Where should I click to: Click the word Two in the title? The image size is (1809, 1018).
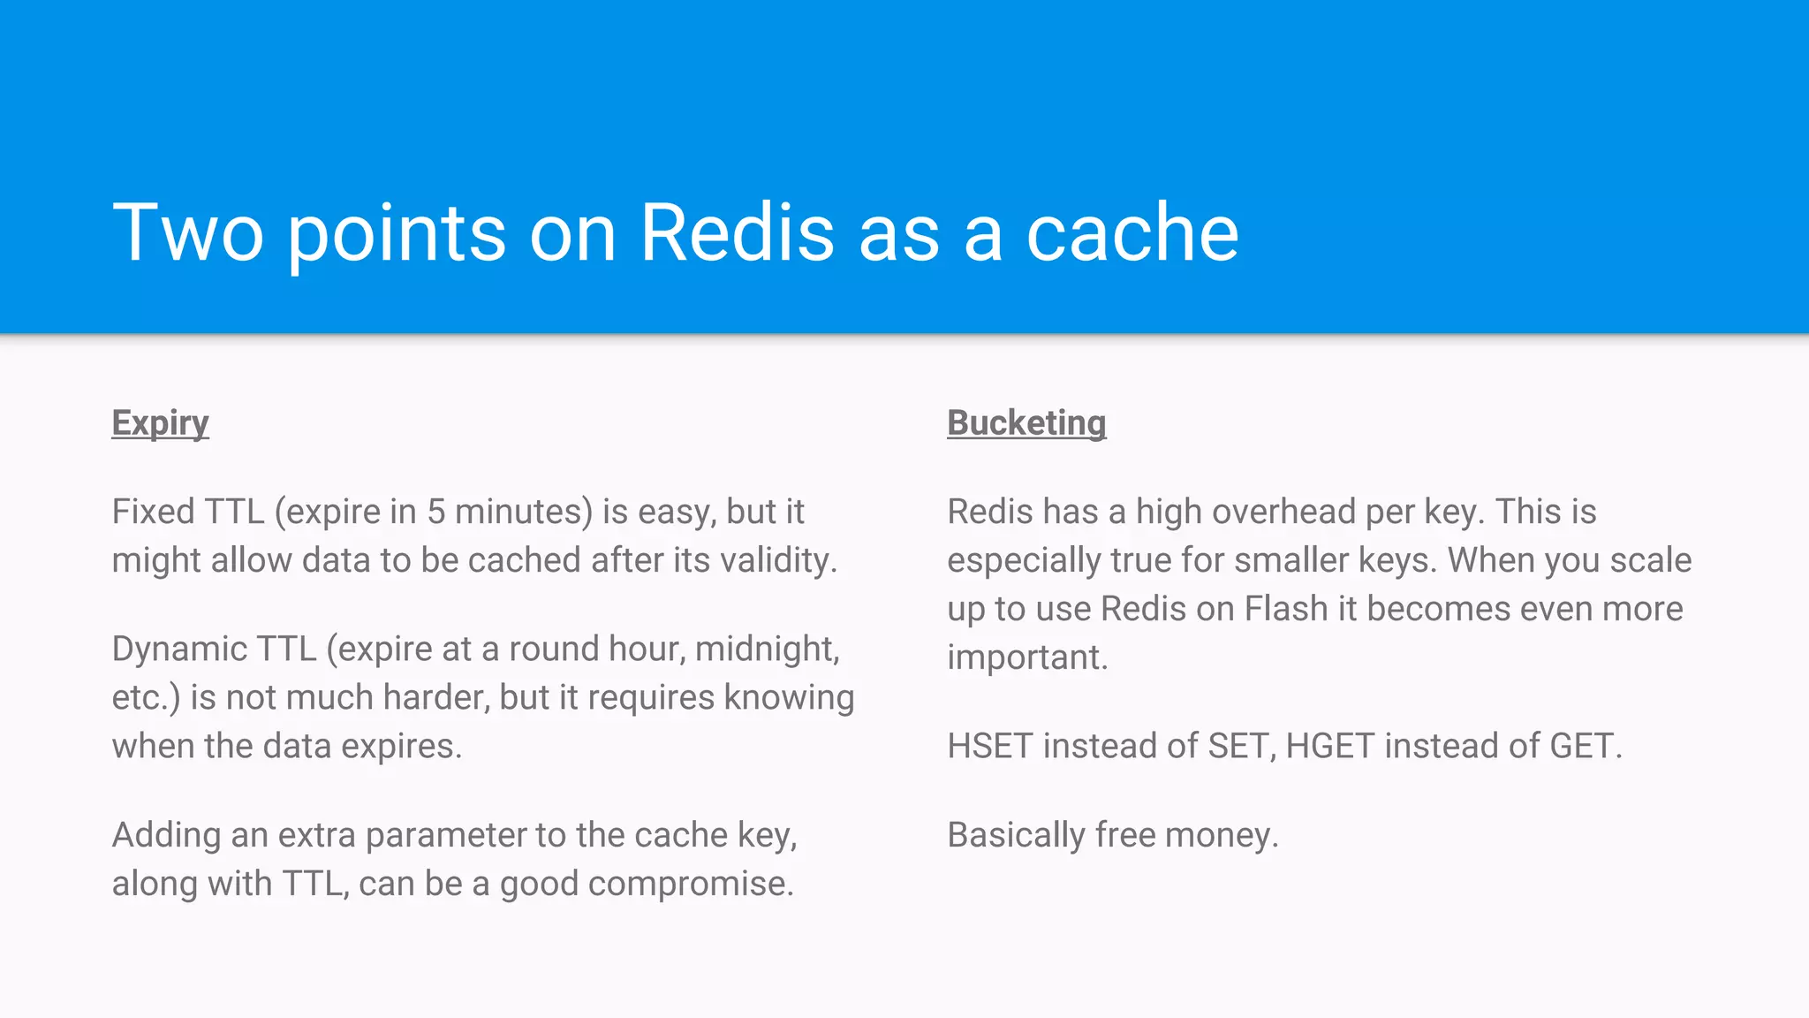click(x=188, y=232)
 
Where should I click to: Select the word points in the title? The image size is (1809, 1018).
click(x=397, y=234)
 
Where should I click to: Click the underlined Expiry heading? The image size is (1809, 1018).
click(x=160, y=423)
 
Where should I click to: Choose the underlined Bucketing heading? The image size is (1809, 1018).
click(x=1026, y=423)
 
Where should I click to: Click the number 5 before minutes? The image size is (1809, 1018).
click(x=436, y=512)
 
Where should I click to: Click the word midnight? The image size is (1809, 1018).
click(x=767, y=649)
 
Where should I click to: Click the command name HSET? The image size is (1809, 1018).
click(x=989, y=746)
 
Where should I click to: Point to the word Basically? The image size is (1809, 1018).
click(x=1016, y=835)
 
